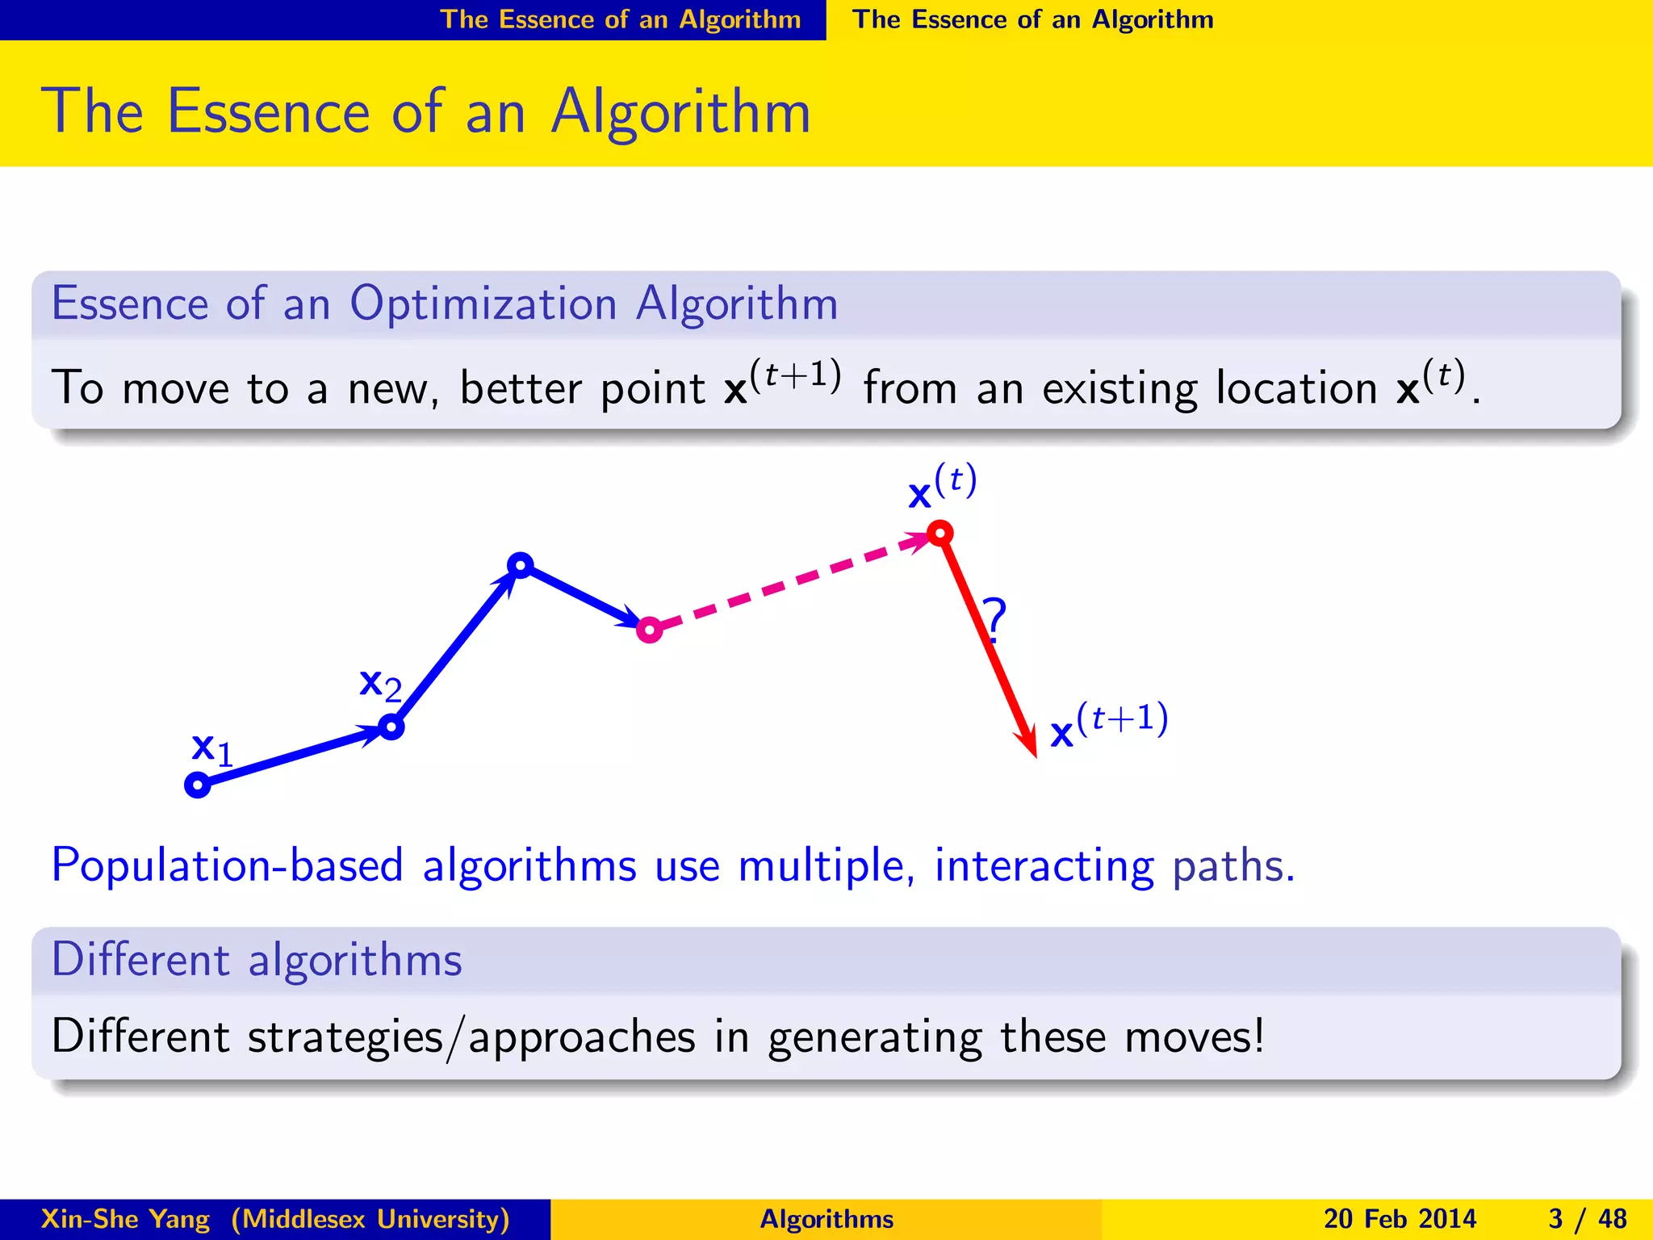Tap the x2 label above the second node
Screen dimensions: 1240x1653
(379, 685)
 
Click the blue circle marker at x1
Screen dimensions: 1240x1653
(198, 785)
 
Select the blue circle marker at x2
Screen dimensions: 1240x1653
(391, 727)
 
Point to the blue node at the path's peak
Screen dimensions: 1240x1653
(521, 565)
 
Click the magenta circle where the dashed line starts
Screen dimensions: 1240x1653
(650, 629)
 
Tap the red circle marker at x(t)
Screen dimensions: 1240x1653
(940, 533)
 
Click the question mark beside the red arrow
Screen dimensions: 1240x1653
(995, 619)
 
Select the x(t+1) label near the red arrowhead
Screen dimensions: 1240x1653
(1108, 726)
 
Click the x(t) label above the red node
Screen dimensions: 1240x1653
(942, 487)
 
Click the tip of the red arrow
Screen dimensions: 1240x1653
(1035, 755)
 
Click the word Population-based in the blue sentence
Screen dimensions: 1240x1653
(227, 866)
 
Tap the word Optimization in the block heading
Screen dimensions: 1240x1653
(483, 304)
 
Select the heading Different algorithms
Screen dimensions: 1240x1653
(257, 960)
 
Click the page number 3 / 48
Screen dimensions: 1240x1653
(1587, 1219)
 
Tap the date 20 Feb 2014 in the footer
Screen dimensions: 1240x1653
(1400, 1219)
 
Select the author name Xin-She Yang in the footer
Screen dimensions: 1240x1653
(125, 1219)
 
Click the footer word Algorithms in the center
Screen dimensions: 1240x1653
(826, 1219)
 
